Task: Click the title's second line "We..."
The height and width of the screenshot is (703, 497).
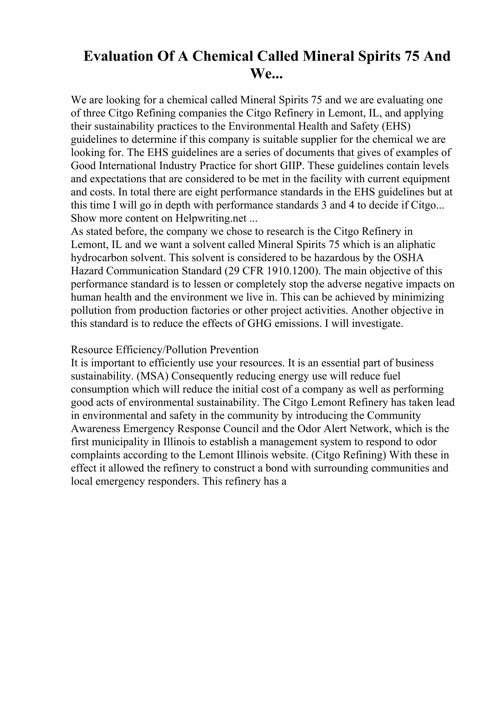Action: coord(267,74)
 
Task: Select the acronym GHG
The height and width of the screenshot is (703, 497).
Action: coord(260,324)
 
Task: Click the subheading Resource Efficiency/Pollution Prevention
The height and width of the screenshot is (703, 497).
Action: coord(165,350)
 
